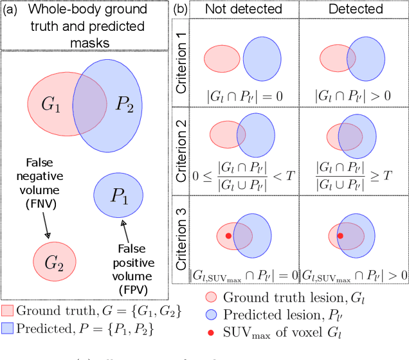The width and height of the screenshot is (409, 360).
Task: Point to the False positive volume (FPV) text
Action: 133,263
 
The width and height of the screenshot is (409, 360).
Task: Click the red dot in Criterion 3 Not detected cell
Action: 228,236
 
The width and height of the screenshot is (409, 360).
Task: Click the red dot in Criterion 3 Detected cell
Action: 340,236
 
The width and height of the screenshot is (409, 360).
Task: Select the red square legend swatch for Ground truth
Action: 7,310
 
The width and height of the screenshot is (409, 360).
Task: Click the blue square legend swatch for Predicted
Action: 7,327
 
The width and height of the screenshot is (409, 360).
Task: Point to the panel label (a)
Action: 11,10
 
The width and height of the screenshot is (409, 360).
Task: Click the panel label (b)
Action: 181,10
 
